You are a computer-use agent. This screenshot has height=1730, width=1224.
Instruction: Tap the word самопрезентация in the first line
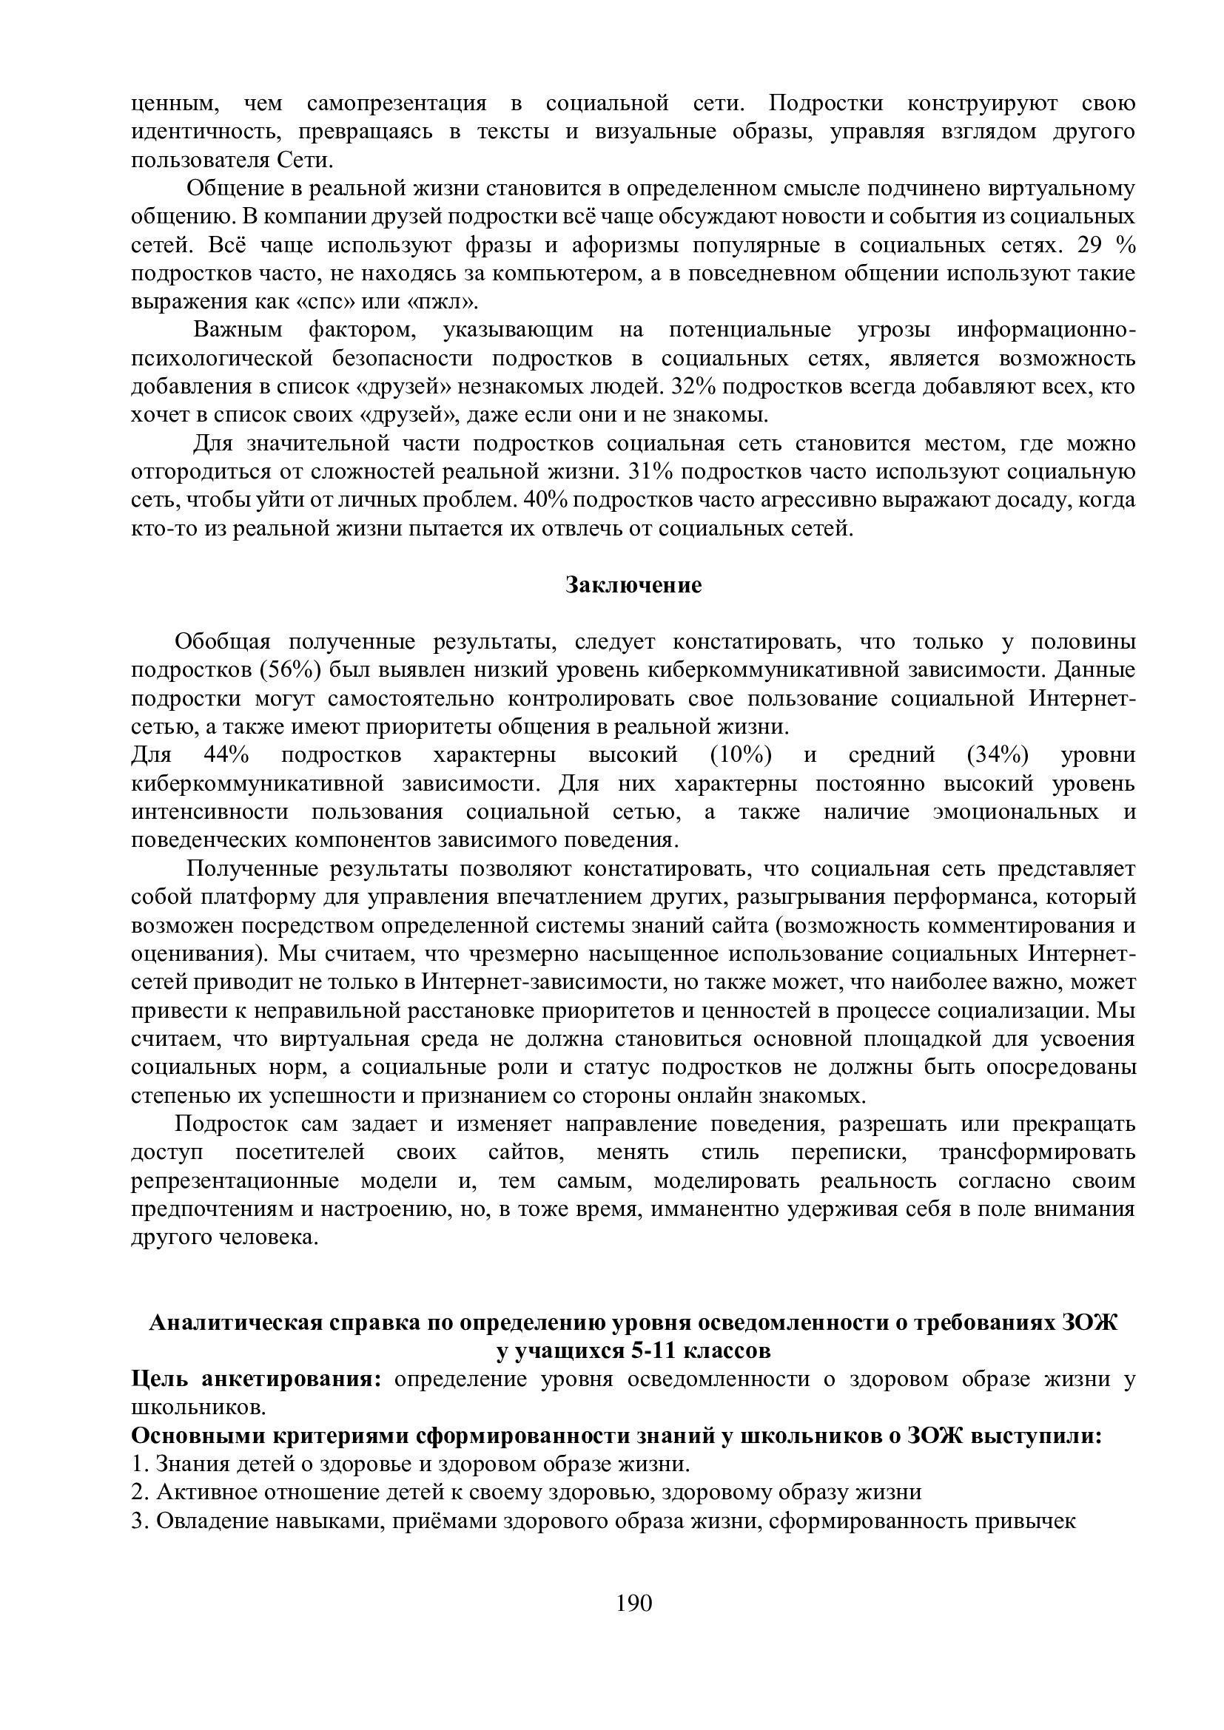tap(397, 103)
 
